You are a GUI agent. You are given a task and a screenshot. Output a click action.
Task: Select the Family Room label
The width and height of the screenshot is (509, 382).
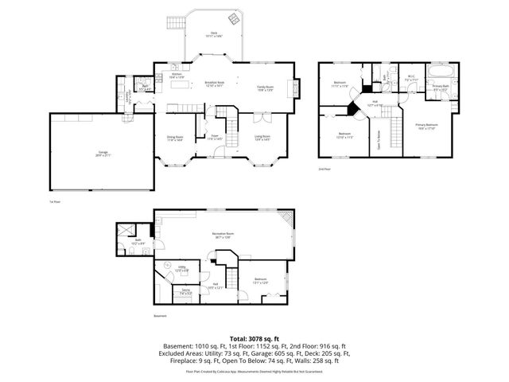click(x=265, y=89)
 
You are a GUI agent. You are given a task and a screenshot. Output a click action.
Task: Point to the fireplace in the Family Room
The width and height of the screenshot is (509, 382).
click(x=296, y=88)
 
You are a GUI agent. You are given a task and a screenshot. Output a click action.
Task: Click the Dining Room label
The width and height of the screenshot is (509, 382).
click(x=174, y=137)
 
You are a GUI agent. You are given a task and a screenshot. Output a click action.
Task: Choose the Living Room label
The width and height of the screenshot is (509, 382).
click(x=262, y=137)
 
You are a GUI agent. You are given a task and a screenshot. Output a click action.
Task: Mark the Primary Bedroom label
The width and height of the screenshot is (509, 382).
click(x=426, y=127)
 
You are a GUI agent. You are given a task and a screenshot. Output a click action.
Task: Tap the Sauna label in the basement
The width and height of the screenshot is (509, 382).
click(x=185, y=292)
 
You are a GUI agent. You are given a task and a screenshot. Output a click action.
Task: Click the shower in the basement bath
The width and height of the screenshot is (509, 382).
click(x=125, y=231)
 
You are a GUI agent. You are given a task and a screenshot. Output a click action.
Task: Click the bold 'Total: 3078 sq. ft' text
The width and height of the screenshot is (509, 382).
click(x=254, y=338)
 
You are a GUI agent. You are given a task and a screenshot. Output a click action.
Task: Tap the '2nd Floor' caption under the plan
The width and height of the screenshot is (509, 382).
click(x=324, y=170)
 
